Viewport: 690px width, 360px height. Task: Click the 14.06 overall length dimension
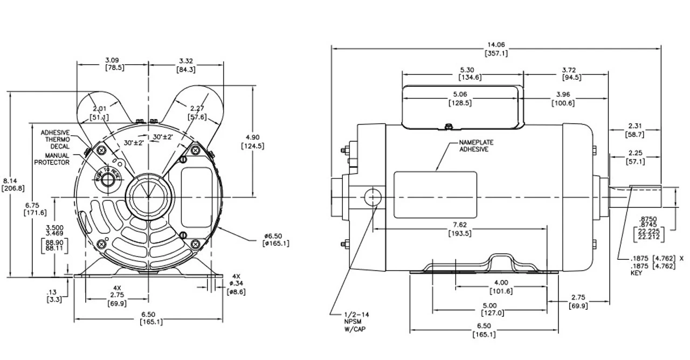(x=496, y=49)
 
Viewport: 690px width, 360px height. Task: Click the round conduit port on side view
(x=372, y=197)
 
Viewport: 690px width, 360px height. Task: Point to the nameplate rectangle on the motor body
(x=436, y=195)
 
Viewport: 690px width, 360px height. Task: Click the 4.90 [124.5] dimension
(x=253, y=142)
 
